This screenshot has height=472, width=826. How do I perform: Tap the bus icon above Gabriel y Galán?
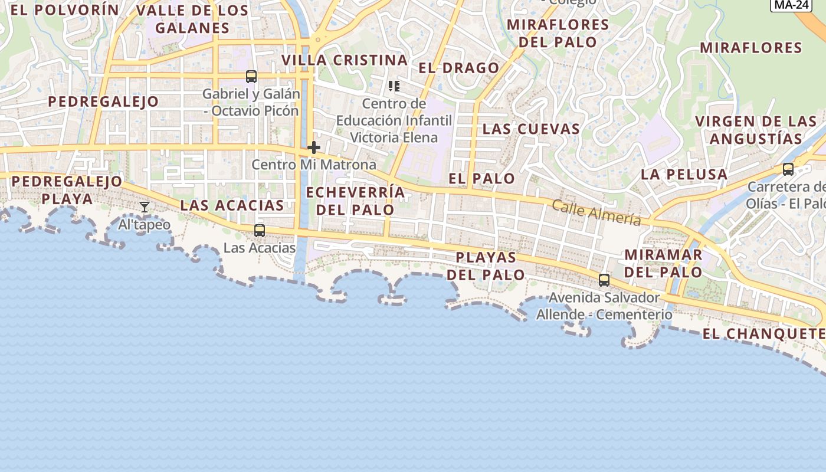click(251, 77)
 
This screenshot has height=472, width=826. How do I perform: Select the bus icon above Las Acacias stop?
click(259, 231)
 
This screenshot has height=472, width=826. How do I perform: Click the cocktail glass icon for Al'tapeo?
click(144, 207)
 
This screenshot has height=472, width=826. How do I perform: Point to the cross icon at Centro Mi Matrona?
click(314, 147)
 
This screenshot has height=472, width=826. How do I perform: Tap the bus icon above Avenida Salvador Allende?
click(604, 280)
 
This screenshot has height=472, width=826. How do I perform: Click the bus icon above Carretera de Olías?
click(788, 169)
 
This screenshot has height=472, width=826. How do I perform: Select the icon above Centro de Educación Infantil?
click(394, 87)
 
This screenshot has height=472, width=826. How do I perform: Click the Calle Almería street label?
click(596, 212)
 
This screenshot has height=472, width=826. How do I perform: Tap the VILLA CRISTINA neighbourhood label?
click(345, 60)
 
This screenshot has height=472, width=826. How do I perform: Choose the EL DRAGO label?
click(459, 68)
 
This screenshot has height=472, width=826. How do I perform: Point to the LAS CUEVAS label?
click(531, 129)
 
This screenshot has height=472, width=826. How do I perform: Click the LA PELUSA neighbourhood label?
click(684, 174)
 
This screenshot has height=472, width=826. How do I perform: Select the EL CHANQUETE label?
click(763, 334)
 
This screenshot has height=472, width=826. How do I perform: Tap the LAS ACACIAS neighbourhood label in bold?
click(232, 205)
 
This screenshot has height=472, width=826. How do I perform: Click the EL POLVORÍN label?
click(65, 10)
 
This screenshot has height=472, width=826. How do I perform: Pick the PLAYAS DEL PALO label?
click(486, 266)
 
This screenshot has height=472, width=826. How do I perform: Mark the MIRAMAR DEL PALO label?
click(663, 264)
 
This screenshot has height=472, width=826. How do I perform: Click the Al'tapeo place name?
click(145, 225)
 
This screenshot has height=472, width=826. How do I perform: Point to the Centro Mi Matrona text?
click(314, 165)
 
